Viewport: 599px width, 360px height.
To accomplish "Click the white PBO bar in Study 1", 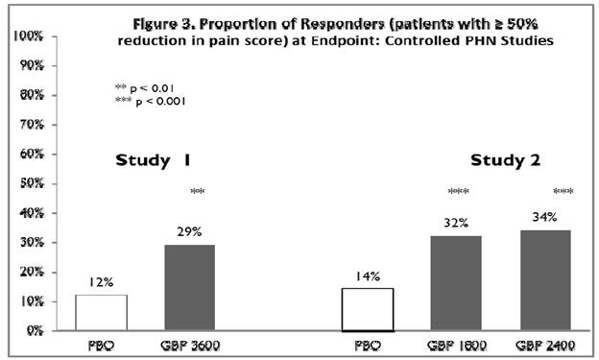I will [102, 312].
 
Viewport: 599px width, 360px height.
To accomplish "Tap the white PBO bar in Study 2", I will [368, 309].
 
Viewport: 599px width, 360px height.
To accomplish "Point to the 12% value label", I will [102, 282].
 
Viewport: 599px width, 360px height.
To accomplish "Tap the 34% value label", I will [544, 217].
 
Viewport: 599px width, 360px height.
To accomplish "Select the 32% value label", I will [456, 224].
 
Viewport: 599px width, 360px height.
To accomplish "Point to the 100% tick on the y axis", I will [26, 36].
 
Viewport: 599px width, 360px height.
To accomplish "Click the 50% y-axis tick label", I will [29, 183].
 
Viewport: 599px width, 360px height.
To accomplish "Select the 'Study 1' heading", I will [153, 159].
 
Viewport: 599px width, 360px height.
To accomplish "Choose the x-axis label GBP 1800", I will [455, 344].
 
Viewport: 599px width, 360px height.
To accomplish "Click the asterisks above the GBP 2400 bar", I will [563, 192].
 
